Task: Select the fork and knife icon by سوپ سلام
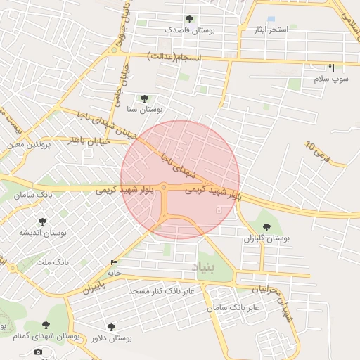[x=332, y=68]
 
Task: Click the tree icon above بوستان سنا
[x=144, y=98]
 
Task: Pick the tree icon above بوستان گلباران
[x=266, y=226]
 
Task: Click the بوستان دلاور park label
[x=112, y=338]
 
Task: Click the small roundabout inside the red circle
[x=164, y=187]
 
